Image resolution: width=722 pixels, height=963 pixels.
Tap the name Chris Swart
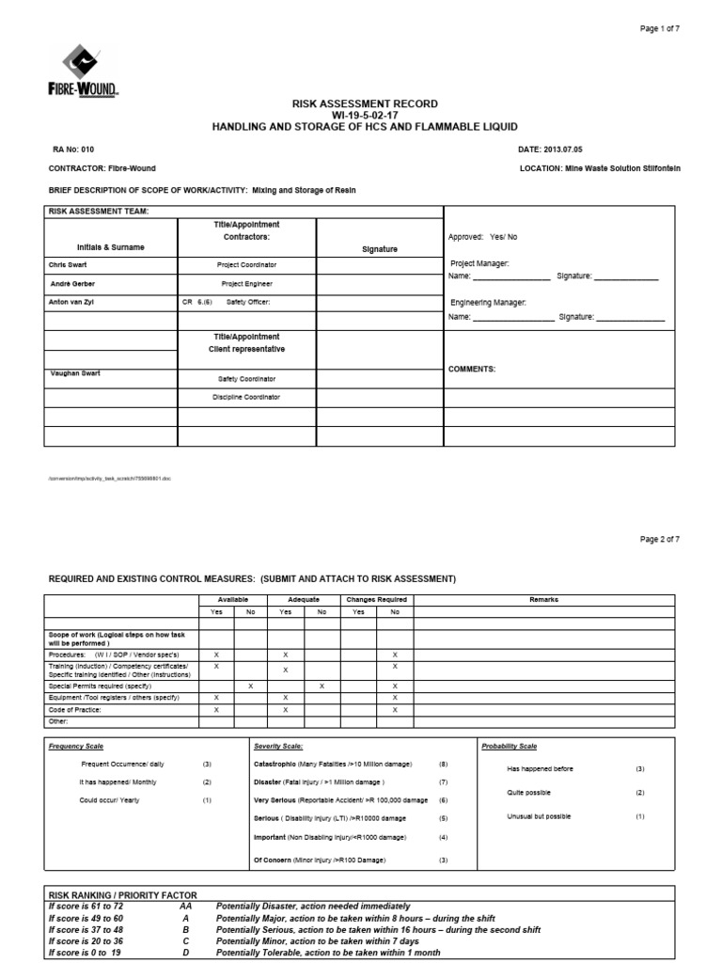click(x=69, y=265)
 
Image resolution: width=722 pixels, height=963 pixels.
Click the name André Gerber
click(x=72, y=283)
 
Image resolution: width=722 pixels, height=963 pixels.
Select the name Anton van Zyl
click(x=73, y=302)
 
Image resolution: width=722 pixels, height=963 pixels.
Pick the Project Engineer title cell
click(x=248, y=283)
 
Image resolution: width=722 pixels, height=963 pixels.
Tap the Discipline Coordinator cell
click(x=248, y=397)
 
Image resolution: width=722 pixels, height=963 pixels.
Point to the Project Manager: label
click(x=479, y=264)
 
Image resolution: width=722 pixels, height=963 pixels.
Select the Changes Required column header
click(x=376, y=599)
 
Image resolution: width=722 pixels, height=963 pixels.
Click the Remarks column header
click(x=543, y=599)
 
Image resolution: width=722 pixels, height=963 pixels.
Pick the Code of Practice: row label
click(x=74, y=710)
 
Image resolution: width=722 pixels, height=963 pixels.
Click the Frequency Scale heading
click(x=76, y=746)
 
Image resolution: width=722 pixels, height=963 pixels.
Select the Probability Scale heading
click(x=509, y=746)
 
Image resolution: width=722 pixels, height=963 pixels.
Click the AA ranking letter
click(x=185, y=907)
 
